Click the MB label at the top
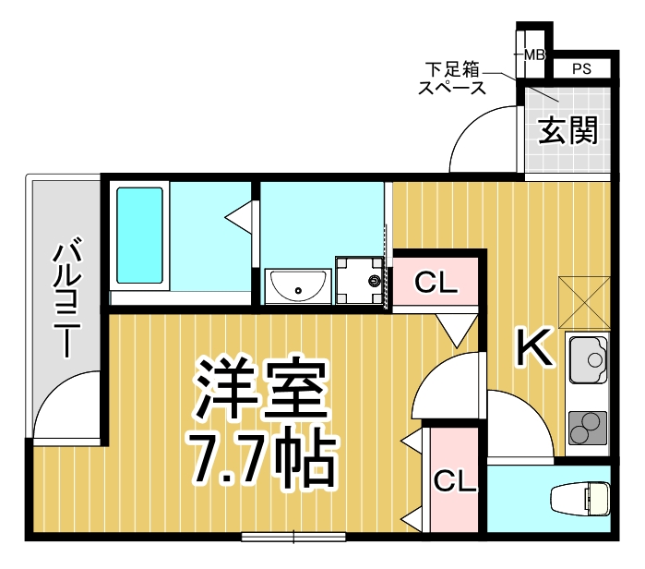pos(534,55)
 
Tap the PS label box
pos(581,68)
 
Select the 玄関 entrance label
pos(567,131)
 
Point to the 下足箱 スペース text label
pos(452,79)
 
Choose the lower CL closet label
pos(455,481)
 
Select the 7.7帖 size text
pos(262,456)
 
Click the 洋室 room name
pos(262,389)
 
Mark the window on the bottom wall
pos(293,536)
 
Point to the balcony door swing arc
pos(66,406)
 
